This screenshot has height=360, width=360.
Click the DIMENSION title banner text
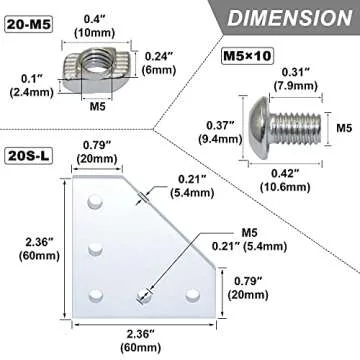289,17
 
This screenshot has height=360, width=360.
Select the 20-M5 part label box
29,25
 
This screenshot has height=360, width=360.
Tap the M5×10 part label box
247,55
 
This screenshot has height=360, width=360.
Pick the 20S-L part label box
28,156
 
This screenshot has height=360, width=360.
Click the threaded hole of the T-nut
93,61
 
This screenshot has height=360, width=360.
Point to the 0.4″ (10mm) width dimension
95,26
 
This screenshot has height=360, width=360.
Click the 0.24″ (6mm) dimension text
159,63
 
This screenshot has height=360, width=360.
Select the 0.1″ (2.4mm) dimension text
32,86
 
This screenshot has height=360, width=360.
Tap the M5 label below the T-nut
97,107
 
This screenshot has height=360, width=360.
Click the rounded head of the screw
260,128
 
